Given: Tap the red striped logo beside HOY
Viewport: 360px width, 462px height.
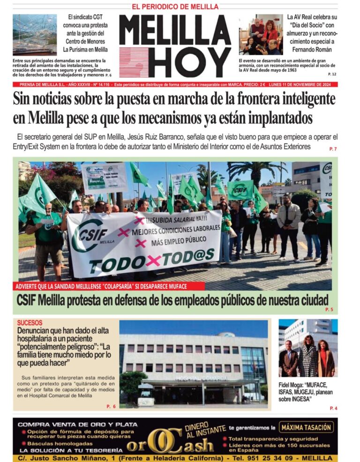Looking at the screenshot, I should point(135,63).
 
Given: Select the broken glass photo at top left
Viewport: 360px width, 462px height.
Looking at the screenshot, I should point(34,35).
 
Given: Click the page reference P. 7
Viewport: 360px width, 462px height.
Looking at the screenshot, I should point(333,149).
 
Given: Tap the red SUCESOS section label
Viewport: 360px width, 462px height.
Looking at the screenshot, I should point(30,323).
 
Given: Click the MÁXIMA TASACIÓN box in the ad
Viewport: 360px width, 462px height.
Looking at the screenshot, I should point(306,427).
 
